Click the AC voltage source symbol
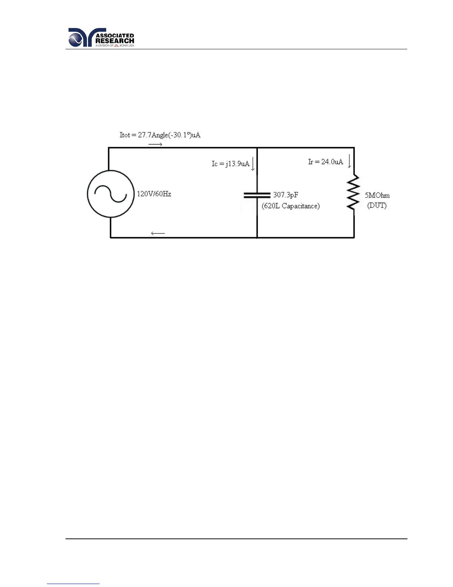(110, 194)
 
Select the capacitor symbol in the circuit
(257, 195)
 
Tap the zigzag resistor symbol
(354, 193)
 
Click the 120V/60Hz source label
(154, 194)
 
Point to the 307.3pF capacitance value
(285, 195)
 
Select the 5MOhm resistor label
(377, 195)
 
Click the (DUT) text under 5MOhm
(377, 205)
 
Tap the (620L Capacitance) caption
(291, 206)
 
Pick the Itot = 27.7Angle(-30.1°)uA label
(160, 135)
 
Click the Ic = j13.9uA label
(230, 163)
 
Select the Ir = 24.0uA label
(325, 162)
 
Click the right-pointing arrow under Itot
(155, 144)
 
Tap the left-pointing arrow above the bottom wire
(158, 233)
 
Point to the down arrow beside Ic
(253, 164)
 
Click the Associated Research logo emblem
(81, 38)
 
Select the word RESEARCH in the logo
(115, 41)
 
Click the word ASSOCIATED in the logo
(115, 36)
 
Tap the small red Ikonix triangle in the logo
(116, 46)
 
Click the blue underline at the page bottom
(73, 584)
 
